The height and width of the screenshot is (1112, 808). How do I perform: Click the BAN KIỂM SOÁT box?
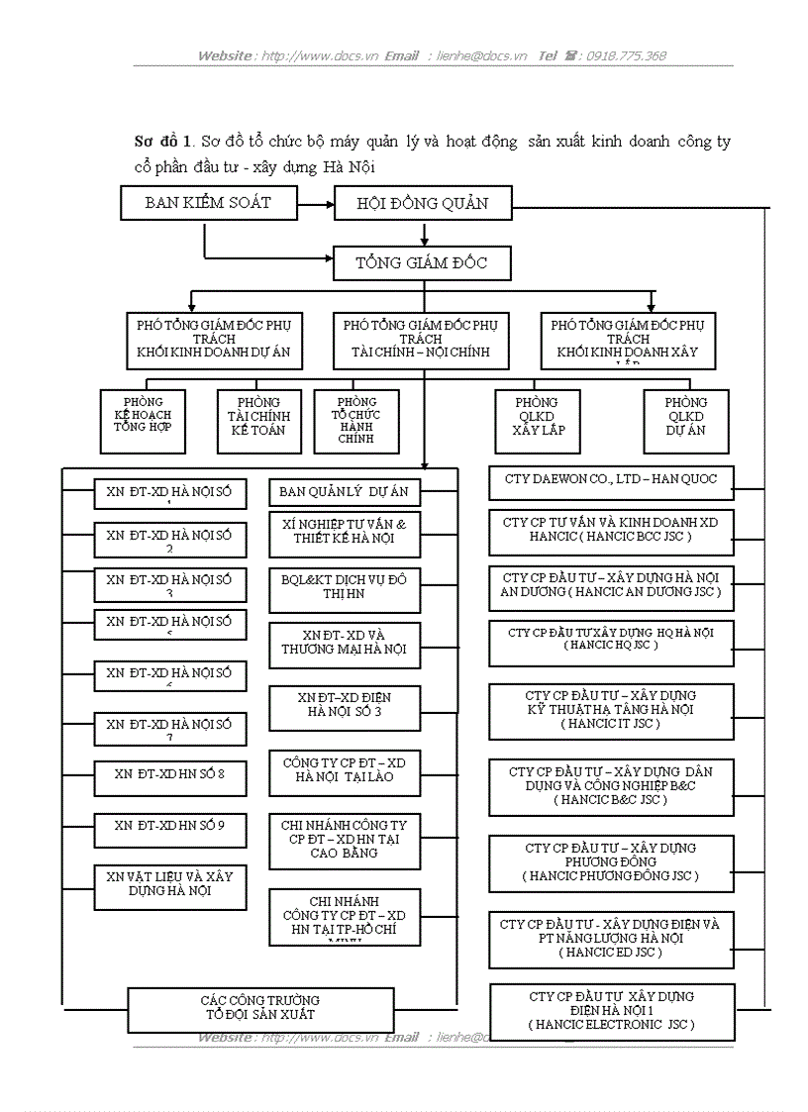click(208, 203)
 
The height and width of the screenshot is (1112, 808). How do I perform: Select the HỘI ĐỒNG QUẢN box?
click(423, 204)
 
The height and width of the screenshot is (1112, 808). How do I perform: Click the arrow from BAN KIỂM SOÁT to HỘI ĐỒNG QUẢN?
click(314, 204)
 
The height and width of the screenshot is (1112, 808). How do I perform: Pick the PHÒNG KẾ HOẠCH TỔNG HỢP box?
click(143, 417)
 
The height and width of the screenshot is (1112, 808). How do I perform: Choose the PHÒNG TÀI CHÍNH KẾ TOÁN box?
click(258, 417)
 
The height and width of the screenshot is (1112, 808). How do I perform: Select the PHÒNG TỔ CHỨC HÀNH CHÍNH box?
click(356, 421)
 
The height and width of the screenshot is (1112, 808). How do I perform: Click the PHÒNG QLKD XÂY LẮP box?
click(536, 417)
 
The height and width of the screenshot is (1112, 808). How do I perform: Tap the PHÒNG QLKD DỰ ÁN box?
click(686, 417)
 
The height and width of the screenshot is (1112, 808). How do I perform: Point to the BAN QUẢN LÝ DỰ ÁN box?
click(344, 492)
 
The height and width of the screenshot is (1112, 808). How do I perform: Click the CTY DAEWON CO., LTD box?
click(611, 480)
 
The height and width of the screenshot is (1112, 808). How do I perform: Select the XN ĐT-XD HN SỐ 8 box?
click(169, 774)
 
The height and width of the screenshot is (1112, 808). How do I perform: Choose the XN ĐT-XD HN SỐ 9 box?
click(169, 825)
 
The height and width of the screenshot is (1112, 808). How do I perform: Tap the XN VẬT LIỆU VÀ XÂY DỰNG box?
click(169, 884)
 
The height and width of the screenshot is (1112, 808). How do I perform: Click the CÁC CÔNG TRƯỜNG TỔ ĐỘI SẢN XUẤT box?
click(260, 1008)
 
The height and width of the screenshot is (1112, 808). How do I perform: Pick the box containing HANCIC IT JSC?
click(611, 711)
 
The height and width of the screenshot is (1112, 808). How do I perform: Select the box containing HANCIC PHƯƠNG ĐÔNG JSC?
click(611, 862)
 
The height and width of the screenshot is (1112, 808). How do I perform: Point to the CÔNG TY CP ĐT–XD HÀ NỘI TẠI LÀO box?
click(344, 771)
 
